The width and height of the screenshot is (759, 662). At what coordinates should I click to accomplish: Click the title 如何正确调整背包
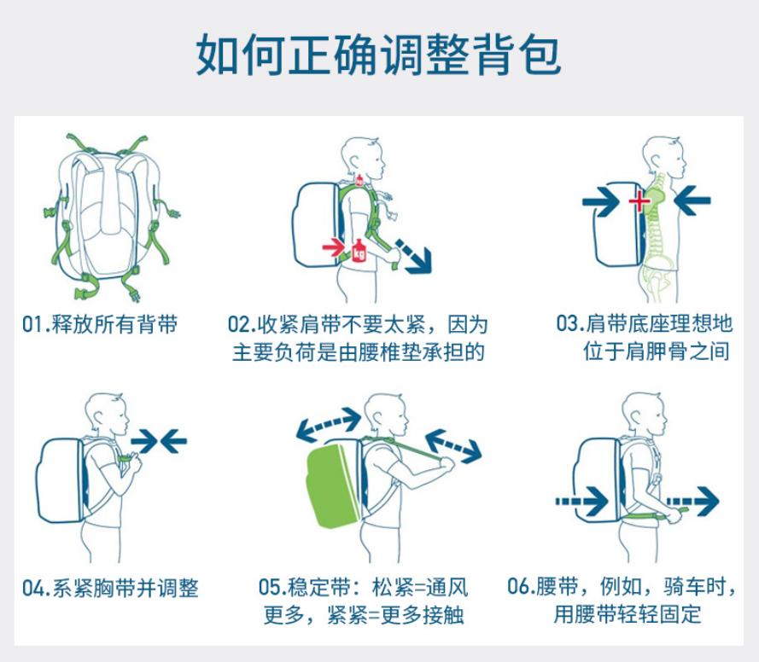[378, 55]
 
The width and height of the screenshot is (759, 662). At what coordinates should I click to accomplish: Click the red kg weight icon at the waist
[359, 251]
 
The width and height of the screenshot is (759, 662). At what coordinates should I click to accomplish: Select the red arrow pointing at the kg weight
[334, 248]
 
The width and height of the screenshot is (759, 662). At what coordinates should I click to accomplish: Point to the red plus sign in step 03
[639, 200]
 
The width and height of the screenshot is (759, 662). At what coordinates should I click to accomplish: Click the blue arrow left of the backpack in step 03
[601, 200]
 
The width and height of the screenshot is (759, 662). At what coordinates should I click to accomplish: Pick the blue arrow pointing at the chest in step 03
[692, 200]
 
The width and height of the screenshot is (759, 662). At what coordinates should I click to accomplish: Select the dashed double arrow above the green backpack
[329, 424]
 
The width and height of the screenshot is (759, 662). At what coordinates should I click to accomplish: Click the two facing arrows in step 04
[159, 441]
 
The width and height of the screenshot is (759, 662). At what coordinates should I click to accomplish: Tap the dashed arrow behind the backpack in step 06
[581, 502]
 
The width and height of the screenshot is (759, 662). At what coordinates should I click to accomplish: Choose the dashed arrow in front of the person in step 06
[692, 502]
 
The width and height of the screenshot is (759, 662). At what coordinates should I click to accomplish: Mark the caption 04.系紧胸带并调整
[110, 588]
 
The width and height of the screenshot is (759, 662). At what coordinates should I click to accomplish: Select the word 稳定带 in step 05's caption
[320, 588]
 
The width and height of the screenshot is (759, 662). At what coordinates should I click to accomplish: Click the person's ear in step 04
[101, 417]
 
